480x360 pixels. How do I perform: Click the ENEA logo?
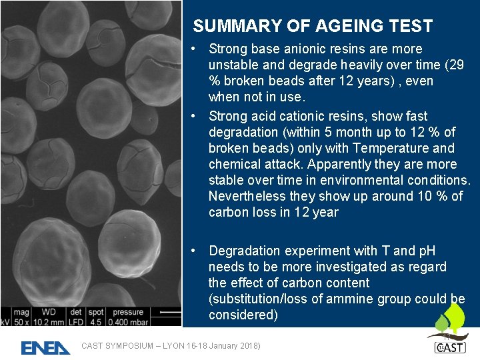click(45, 347)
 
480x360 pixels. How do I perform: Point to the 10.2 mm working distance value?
click(49, 322)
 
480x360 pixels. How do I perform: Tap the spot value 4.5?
click(96, 322)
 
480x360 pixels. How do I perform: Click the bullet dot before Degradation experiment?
click(192, 251)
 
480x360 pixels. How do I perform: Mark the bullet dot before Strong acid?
click(192, 116)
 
